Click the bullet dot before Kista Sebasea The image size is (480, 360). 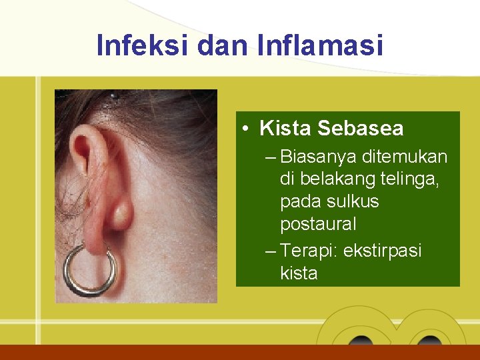247,128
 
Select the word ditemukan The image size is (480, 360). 405,157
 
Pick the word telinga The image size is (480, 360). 412,179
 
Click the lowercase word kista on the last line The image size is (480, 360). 299,273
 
